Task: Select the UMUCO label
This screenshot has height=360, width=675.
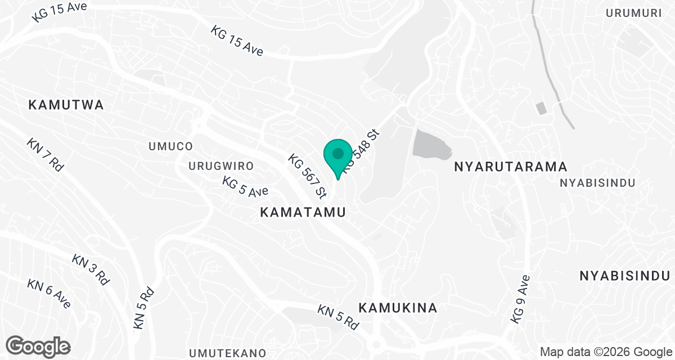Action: coord(170,146)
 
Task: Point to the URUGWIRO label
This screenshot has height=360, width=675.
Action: coord(221,166)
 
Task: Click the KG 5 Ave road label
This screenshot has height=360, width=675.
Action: coord(245,186)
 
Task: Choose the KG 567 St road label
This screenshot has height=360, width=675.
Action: coord(307,177)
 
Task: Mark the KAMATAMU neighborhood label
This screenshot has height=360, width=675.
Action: coord(302,212)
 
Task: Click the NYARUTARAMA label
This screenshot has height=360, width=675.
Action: coord(510,167)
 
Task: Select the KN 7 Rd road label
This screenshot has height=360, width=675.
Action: coord(46,155)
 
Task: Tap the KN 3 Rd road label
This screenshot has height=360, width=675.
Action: coord(91,269)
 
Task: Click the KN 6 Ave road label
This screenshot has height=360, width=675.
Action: coord(49,293)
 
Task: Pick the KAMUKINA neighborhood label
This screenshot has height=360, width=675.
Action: coord(398,308)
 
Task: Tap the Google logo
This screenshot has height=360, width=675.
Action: coord(38,345)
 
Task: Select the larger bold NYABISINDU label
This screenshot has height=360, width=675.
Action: coord(624,276)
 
